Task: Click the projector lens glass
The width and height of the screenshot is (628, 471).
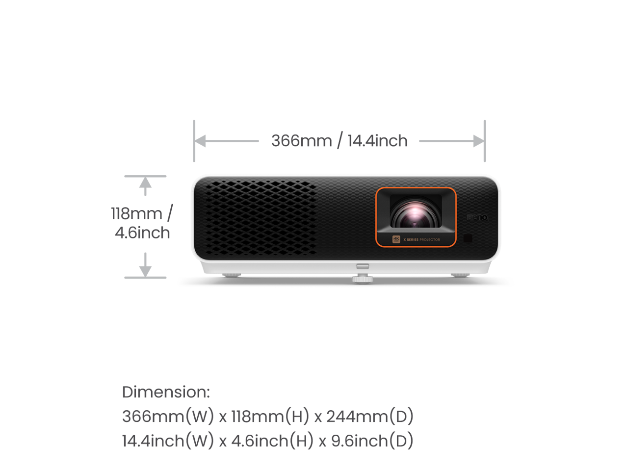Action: coord(415,215)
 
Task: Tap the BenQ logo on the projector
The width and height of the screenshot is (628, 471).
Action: coord(477,217)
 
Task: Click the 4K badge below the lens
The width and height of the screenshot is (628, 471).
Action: coord(396,239)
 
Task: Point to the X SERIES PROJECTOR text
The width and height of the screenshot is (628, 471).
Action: coord(422,240)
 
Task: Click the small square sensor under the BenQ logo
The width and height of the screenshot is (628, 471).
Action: coord(468,238)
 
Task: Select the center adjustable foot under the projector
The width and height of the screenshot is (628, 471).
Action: coord(362,279)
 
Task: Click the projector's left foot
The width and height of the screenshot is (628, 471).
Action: coord(231,275)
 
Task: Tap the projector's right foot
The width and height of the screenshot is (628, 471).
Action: coord(460,275)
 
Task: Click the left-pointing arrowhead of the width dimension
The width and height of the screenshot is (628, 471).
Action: coord(201,141)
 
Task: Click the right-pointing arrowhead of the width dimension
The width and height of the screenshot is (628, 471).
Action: coord(478,141)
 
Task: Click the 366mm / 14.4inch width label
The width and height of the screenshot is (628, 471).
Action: coord(340,141)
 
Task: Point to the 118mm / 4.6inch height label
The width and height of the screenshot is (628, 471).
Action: coord(142,223)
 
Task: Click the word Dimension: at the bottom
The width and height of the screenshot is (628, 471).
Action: coord(166,392)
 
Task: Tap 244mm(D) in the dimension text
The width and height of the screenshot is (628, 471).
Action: coord(369,417)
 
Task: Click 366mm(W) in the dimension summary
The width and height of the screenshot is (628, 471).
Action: coord(168,417)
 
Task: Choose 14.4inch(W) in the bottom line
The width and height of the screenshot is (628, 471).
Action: coord(168,441)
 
